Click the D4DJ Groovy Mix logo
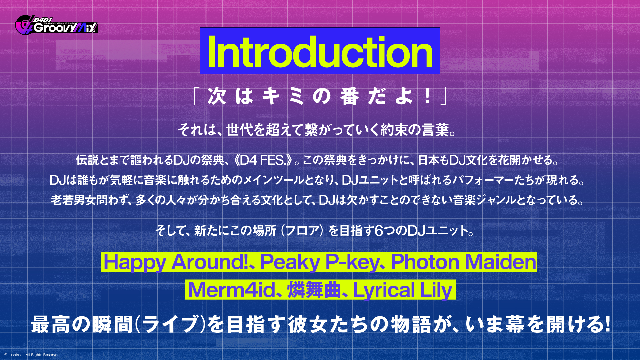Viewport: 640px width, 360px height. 56,25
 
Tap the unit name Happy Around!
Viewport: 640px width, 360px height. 175,262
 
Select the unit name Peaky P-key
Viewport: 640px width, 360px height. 320,262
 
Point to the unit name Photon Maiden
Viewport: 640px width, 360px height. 463,262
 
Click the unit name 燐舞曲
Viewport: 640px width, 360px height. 314,290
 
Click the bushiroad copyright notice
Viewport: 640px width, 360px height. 32,355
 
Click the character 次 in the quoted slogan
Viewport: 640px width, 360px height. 217,96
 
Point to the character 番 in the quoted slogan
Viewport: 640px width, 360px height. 349,96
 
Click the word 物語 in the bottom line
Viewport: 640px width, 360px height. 411,324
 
